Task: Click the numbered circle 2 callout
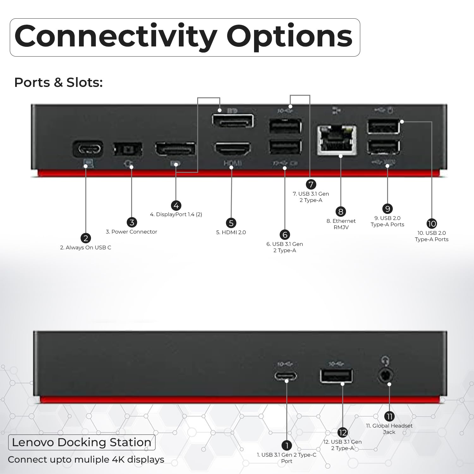click(86, 238)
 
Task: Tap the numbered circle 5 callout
click(231, 223)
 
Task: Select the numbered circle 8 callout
click(341, 212)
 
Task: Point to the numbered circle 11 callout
click(389, 416)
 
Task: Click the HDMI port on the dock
click(233, 149)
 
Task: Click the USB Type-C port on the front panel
click(286, 376)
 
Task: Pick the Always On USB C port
click(88, 149)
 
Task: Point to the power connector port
click(128, 149)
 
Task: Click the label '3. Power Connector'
click(131, 232)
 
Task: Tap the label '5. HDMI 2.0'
click(231, 232)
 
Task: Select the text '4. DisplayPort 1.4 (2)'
click(176, 214)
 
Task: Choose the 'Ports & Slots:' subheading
click(58, 82)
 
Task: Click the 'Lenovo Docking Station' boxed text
click(82, 442)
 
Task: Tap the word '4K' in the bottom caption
click(118, 459)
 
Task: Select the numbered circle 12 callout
click(343, 432)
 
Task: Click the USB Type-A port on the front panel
click(336, 376)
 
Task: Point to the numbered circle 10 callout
click(432, 224)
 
